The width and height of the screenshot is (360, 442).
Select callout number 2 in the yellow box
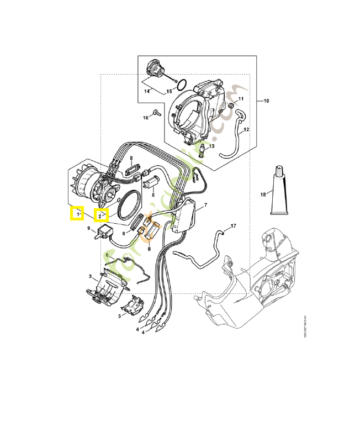pyautogui.click(x=101, y=215)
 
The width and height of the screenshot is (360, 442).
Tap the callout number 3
pyautogui.click(x=90, y=276)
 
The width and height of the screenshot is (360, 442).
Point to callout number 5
pyautogui.click(x=119, y=316)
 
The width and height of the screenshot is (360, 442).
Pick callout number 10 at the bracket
pyautogui.click(x=266, y=101)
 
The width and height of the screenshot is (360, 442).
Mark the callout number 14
pyautogui.click(x=147, y=91)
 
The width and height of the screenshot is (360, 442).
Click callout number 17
pyautogui.click(x=233, y=226)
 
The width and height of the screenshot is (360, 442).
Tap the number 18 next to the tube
pyautogui.click(x=263, y=194)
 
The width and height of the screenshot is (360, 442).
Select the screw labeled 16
pyautogui.click(x=156, y=113)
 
